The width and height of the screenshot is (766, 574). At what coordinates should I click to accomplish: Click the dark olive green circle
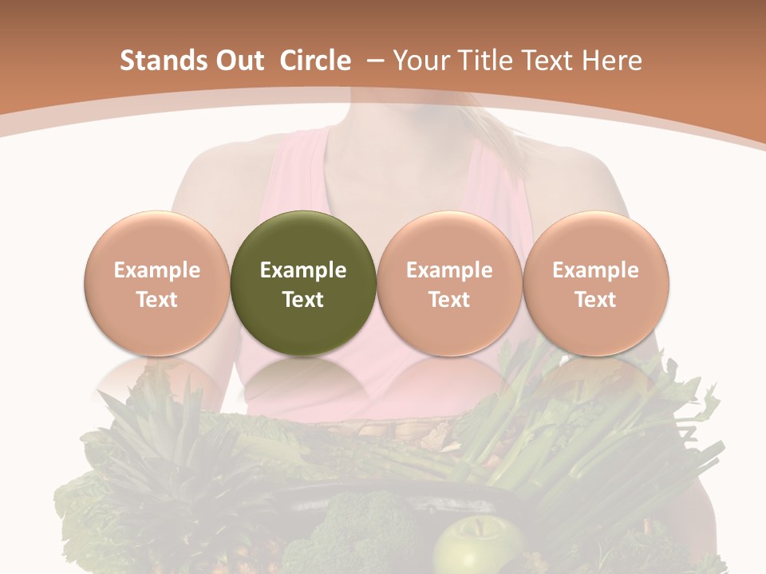tap(303, 283)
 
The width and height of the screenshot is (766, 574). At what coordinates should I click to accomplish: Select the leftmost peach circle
tap(157, 283)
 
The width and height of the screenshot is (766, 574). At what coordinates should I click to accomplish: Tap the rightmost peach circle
tap(595, 283)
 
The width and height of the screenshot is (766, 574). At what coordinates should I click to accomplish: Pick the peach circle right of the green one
tap(449, 283)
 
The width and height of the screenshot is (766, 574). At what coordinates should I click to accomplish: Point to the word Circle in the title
tap(315, 61)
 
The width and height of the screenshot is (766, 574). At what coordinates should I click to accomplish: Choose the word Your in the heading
tap(420, 61)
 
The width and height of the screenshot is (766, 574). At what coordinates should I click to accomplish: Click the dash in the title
tap(374, 61)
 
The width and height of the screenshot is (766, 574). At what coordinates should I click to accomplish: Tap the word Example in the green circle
tap(303, 270)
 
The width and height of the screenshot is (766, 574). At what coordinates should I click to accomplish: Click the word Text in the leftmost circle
tap(157, 300)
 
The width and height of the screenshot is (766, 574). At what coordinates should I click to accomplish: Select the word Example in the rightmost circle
tap(595, 270)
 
